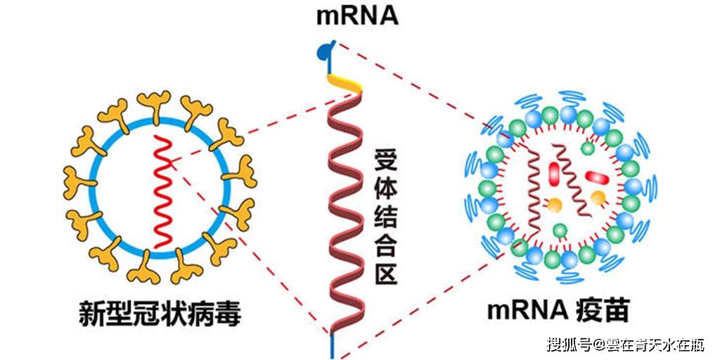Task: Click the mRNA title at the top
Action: coord(356,16)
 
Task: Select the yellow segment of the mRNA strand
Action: coord(345,83)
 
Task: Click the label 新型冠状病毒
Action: coord(160,313)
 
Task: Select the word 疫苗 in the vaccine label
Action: coord(602,311)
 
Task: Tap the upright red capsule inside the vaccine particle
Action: coord(555,173)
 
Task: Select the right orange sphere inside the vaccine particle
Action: coord(598,198)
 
